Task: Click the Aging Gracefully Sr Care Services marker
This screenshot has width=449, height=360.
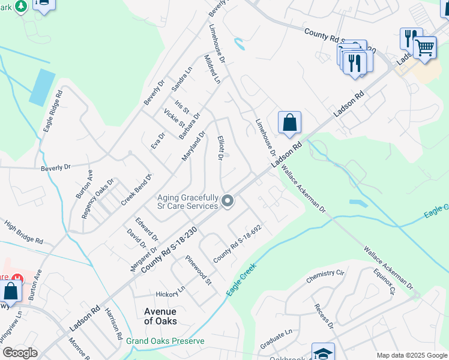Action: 228,201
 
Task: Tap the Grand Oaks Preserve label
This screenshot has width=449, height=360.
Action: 165,341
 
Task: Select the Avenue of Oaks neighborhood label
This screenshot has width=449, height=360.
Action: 160,316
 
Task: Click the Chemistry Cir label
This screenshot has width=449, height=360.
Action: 325,277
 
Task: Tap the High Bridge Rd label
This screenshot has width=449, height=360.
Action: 23,233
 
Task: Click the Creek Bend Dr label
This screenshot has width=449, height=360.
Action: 137,190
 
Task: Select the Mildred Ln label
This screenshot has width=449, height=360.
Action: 212,70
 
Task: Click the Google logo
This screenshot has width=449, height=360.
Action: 20,353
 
